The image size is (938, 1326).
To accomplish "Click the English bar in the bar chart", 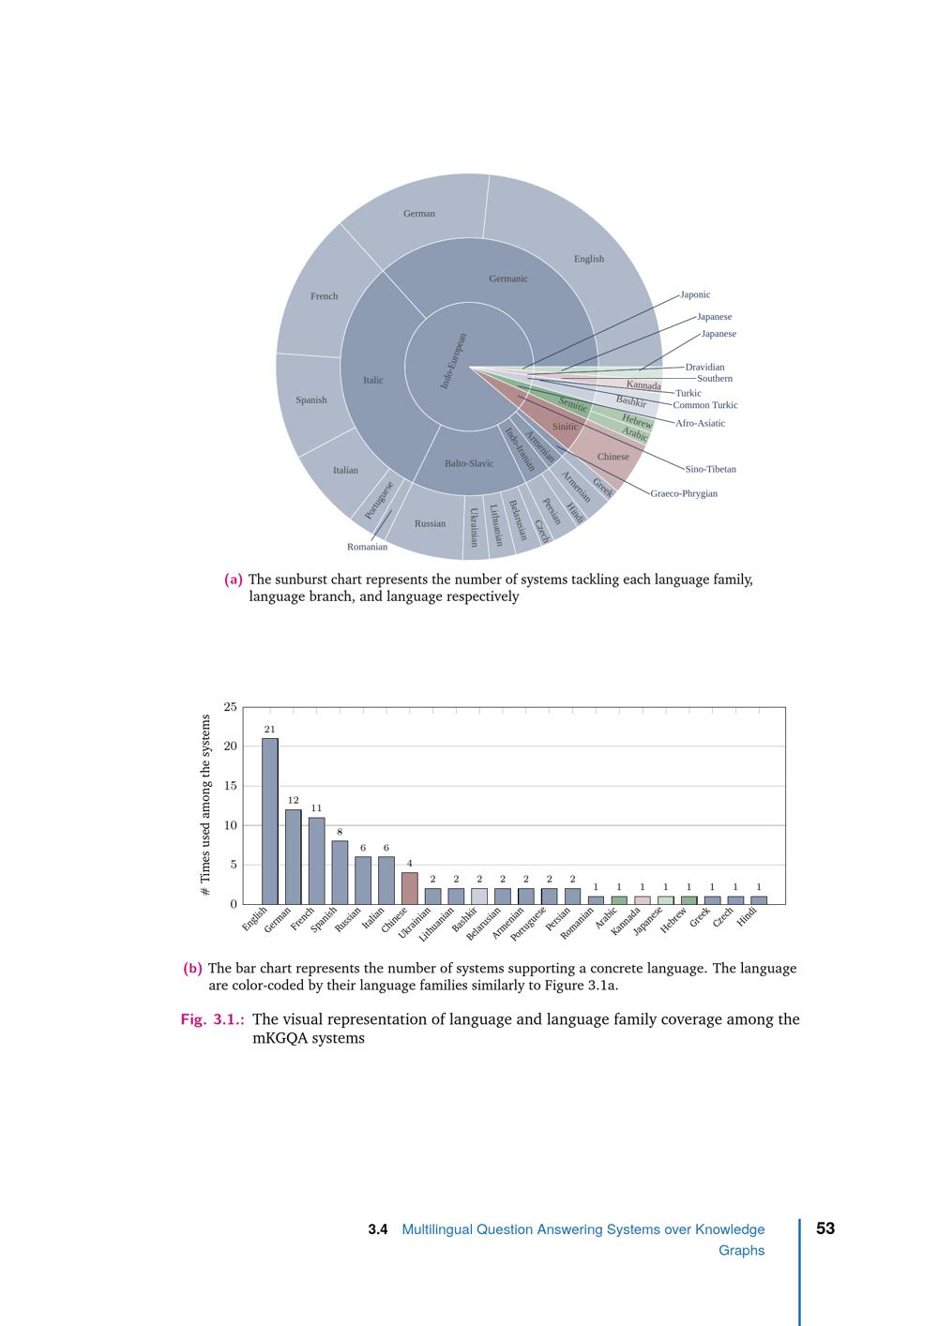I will [x=270, y=821].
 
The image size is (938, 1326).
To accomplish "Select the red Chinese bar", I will [x=410, y=888].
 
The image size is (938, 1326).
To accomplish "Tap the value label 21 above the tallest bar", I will [x=270, y=729].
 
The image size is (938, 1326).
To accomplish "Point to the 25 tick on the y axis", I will [x=231, y=707].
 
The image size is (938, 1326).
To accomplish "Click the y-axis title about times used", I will [x=205, y=806].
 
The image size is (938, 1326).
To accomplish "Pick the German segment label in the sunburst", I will [x=419, y=214].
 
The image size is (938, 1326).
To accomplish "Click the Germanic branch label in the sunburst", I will [x=508, y=279].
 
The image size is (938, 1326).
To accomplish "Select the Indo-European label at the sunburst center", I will [x=454, y=361].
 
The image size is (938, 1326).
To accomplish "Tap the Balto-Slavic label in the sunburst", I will [x=469, y=463].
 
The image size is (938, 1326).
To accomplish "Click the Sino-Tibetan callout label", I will [x=710, y=469].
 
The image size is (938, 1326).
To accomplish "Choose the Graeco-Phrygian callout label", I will [x=684, y=493].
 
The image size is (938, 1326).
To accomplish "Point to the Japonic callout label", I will [x=695, y=294].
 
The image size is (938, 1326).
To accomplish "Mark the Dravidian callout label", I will [x=704, y=368].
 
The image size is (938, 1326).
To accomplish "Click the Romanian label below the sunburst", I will [x=367, y=547].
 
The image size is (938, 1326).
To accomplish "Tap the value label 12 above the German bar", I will [x=293, y=801].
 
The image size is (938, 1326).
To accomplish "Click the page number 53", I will [x=825, y=1228].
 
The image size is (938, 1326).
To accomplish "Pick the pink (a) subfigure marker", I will [x=234, y=580].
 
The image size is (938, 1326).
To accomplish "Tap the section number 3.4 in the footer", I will [x=378, y=1229].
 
